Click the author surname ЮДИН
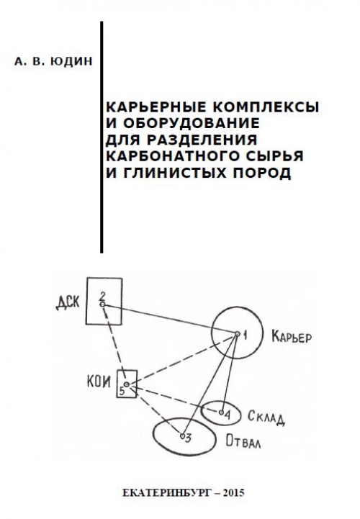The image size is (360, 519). click(72, 62)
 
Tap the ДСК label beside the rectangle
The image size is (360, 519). click(68, 302)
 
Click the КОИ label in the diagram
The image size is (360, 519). click(99, 382)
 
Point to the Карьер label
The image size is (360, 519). click(291, 337)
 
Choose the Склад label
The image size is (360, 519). click(266, 418)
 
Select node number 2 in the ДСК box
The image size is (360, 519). click(103, 295)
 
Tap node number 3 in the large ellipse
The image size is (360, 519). click(188, 438)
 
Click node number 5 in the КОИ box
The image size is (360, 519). click(122, 391)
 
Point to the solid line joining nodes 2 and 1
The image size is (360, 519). click(170, 319)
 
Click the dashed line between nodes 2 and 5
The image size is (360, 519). click(114, 344)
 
